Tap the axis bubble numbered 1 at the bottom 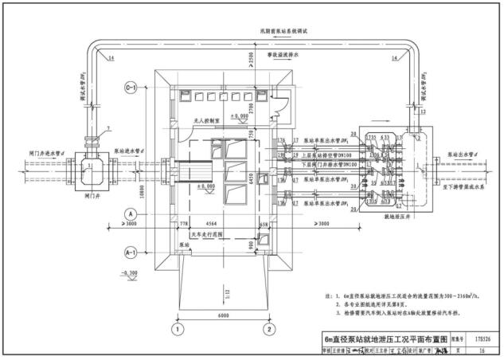[181, 328]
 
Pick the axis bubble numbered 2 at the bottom [270, 328]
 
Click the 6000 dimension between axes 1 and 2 [225, 315]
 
